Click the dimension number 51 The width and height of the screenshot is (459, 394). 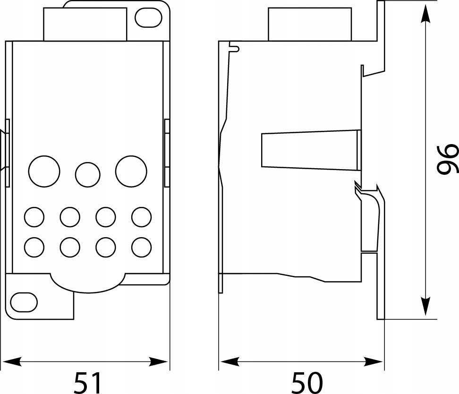point(87,382)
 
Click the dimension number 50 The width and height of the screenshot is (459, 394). point(307,382)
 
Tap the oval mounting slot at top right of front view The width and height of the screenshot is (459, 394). point(148,17)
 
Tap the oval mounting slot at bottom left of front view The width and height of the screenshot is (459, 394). point(24,302)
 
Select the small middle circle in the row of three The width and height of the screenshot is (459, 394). point(88,175)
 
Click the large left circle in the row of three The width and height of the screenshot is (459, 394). point(44,171)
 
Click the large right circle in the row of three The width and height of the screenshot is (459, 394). point(131,171)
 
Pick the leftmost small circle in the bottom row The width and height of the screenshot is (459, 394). point(34,247)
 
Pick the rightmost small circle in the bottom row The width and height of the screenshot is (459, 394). point(141,247)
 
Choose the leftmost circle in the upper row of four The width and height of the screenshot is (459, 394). point(34,217)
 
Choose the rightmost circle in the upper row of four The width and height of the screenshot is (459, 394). point(141,217)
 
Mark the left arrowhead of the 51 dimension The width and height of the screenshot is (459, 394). point(12,361)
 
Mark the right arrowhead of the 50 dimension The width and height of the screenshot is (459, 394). point(374,361)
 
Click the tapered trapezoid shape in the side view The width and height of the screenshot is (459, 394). point(311,150)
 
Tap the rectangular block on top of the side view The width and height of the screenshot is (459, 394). point(310,24)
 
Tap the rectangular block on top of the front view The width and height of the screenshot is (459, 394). point(85,24)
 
